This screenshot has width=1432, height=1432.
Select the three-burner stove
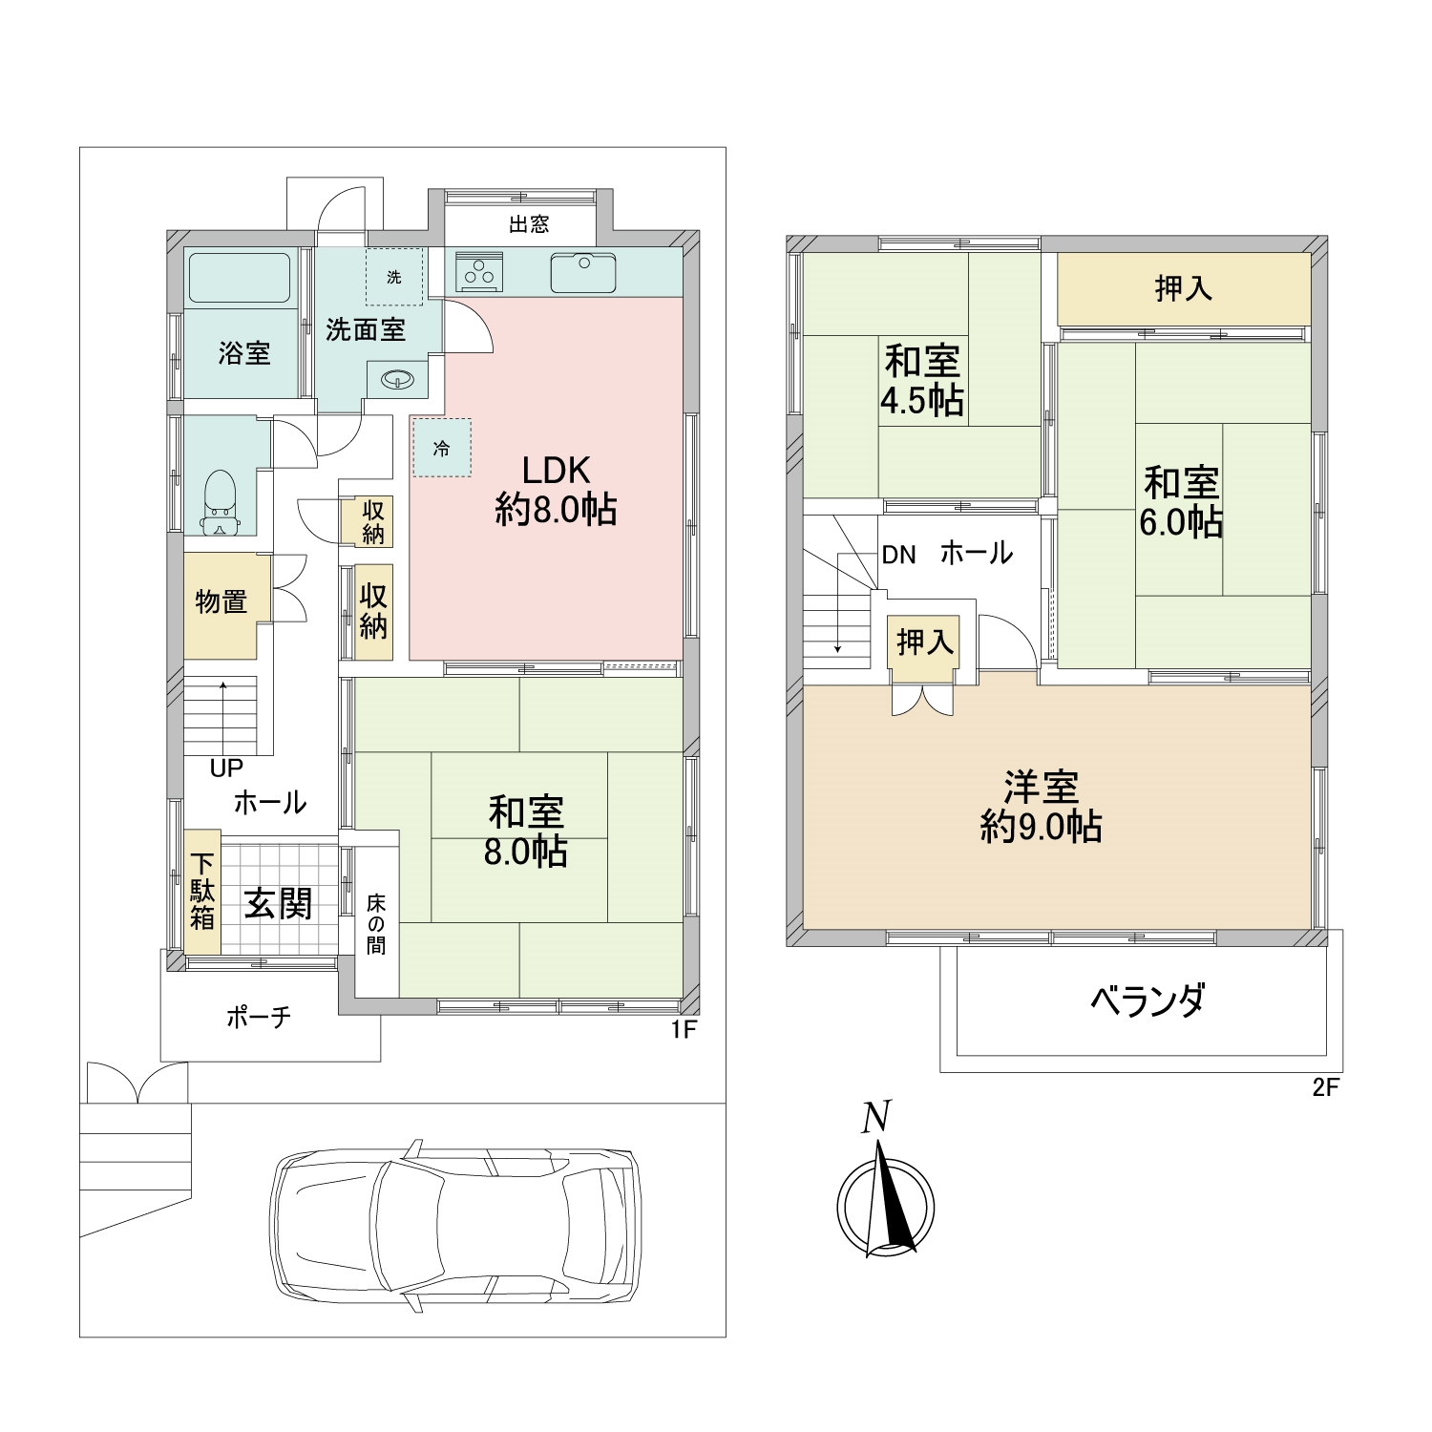[479, 272]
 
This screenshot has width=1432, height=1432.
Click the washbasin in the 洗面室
[397, 380]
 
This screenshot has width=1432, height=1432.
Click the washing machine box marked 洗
[394, 277]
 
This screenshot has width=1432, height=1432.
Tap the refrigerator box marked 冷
[442, 448]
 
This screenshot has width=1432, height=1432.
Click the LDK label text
[556, 470]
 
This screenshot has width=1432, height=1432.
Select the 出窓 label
[529, 224]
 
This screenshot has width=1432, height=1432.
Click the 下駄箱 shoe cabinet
[202, 892]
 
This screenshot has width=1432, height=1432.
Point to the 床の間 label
[376, 924]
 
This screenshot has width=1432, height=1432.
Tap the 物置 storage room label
[221, 602]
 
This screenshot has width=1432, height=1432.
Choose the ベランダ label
[1148, 1000]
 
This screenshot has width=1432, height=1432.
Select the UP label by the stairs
[227, 768]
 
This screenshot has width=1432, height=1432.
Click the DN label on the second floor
[898, 555]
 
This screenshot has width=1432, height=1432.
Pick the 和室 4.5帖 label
[921, 381]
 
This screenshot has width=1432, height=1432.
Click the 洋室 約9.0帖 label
[1042, 807]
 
